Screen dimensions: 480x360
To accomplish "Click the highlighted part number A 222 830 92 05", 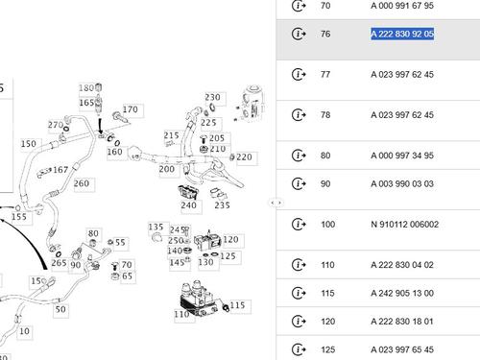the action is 402,34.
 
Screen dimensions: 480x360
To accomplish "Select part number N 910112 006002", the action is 405,225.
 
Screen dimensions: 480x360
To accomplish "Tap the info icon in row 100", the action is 299,225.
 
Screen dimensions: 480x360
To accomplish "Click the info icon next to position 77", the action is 299,75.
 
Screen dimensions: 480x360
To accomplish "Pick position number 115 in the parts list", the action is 327,293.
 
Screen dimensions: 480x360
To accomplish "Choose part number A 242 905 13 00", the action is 402,293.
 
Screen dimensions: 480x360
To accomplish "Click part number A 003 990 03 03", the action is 402,184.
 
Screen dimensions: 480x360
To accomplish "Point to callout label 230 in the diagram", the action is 213,97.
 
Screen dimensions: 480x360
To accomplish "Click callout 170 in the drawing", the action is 131,109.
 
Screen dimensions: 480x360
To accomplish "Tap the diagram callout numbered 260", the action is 82,183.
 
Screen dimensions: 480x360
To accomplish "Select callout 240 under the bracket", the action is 188,204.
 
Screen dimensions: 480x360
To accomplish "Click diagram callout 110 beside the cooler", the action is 181,314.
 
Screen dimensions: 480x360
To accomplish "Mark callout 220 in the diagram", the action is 245,157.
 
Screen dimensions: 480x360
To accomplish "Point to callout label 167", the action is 60,170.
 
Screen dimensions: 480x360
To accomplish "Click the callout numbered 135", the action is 156,228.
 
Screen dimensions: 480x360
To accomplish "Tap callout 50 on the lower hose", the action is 60,309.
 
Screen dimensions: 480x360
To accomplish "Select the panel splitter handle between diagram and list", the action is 276,203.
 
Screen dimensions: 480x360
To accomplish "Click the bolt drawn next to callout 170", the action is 120,117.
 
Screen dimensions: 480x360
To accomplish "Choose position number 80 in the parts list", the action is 325,156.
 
